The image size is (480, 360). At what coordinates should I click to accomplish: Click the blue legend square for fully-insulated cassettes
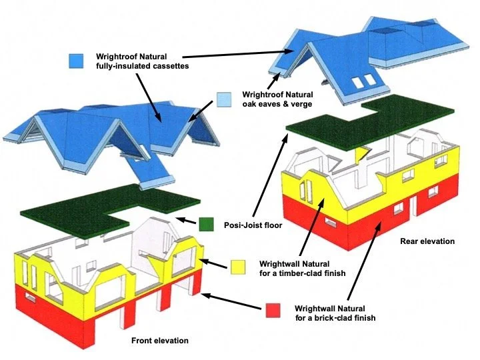click(x=76, y=61)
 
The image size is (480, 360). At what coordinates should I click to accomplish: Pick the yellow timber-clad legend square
click(x=239, y=267)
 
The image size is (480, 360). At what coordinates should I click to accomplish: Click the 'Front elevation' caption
click(x=159, y=341)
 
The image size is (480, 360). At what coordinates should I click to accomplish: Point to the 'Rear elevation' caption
click(x=427, y=241)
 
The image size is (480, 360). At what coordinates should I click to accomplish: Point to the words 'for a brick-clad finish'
click(x=335, y=318)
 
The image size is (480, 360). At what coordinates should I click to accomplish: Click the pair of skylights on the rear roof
click(x=363, y=81)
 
